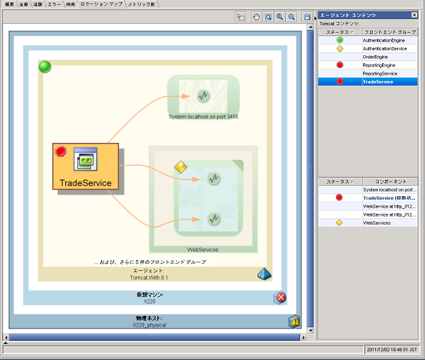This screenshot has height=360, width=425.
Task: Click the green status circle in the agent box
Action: [x=45, y=67]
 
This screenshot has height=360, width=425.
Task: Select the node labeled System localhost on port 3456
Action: [x=203, y=96]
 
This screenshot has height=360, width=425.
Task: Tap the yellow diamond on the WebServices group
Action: [x=180, y=167]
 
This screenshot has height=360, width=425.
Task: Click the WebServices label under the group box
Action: [x=203, y=250]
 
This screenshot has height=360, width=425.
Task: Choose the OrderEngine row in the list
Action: [x=375, y=57]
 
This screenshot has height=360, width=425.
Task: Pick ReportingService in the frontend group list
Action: [x=379, y=73]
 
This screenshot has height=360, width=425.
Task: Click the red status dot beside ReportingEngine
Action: [x=339, y=65]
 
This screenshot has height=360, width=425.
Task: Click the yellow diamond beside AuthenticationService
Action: [x=339, y=49]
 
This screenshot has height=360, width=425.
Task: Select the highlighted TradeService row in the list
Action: [x=378, y=82]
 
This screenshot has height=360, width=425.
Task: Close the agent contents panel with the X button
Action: [x=414, y=15]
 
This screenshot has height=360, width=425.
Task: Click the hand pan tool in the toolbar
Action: [x=257, y=16]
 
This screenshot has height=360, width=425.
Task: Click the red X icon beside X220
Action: [x=280, y=297]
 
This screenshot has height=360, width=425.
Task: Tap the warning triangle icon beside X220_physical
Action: [x=294, y=321]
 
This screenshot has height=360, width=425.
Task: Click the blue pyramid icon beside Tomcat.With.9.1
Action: [x=264, y=274]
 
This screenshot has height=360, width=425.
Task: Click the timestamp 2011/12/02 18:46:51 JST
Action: [x=391, y=350]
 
